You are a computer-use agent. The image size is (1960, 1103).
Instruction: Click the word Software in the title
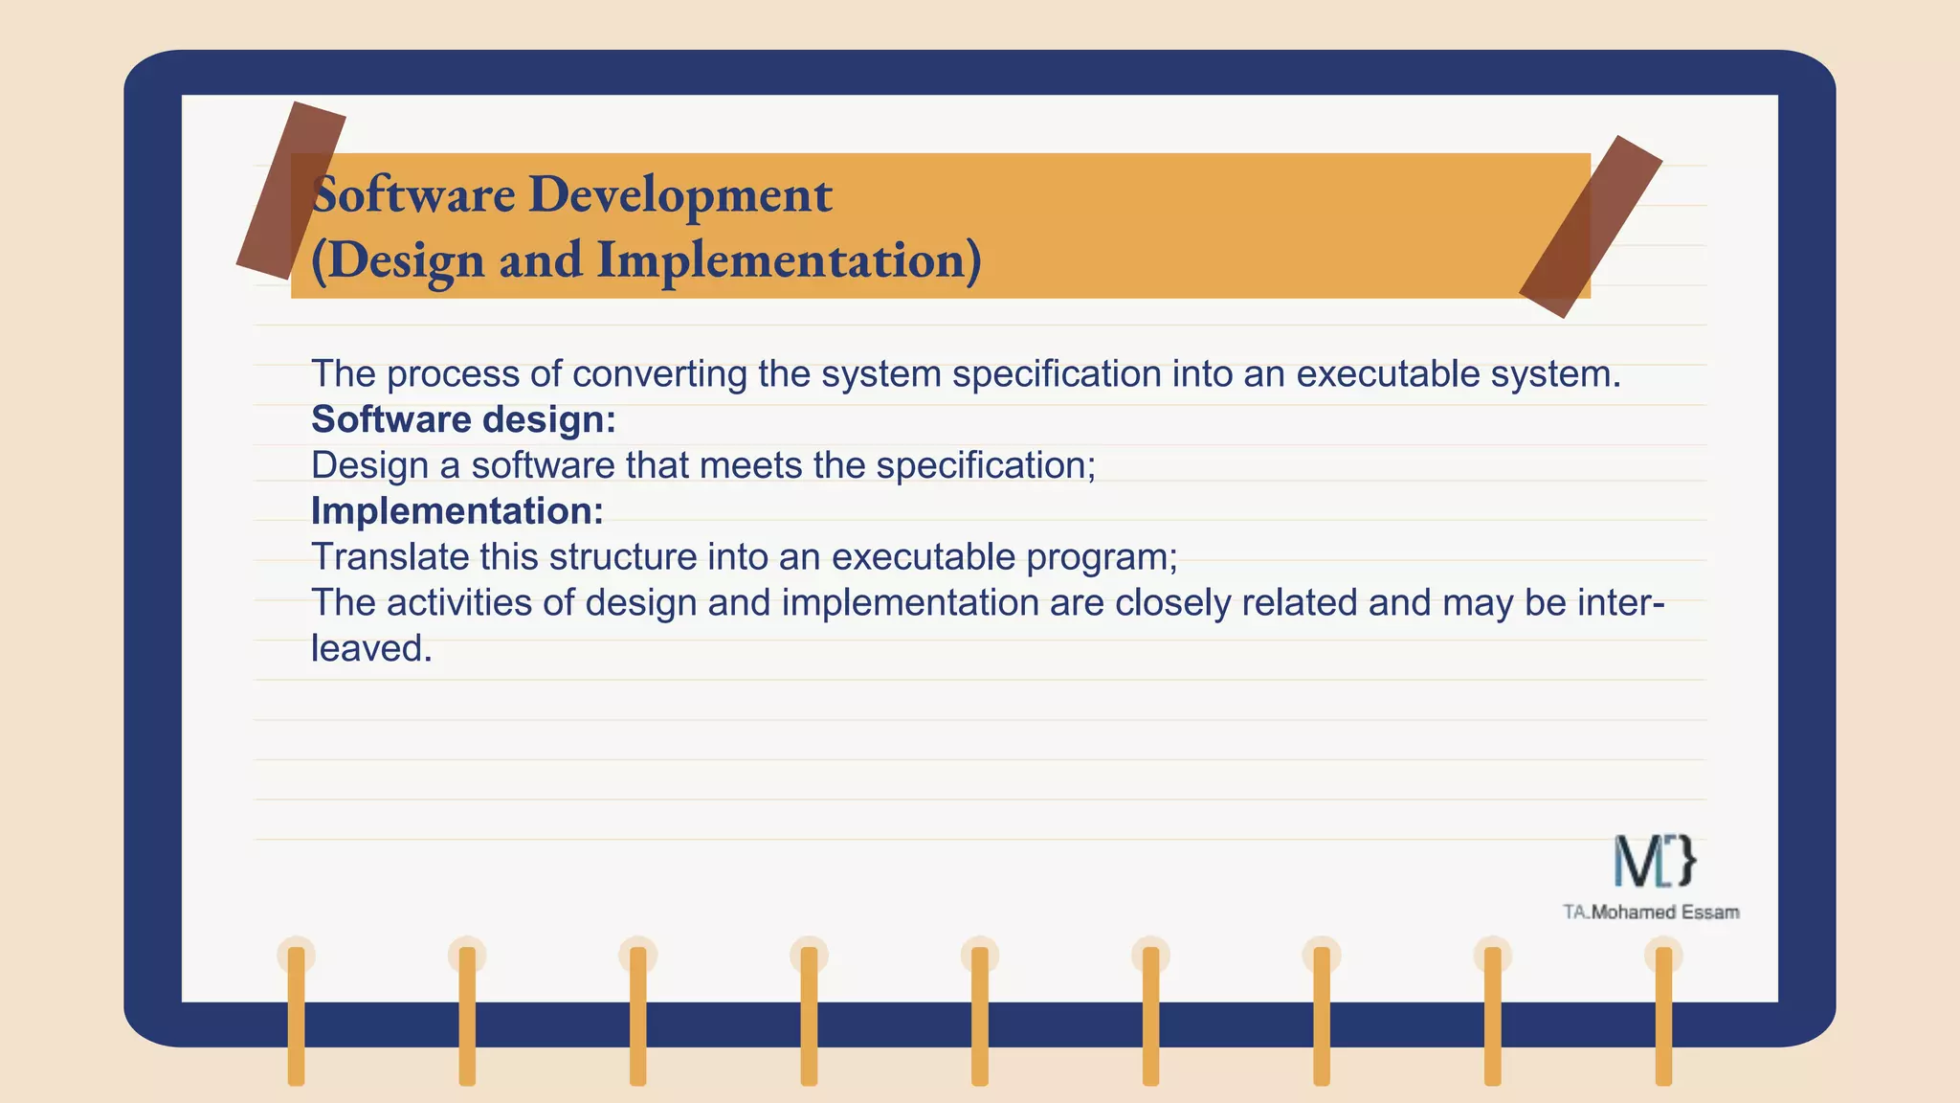click(x=413, y=194)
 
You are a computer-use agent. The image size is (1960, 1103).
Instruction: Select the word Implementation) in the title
click(x=789, y=260)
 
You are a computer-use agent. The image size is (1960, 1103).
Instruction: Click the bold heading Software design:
click(x=463, y=419)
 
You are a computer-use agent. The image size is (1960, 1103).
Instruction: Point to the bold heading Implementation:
click(x=457, y=511)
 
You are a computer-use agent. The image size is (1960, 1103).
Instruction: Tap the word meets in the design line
click(x=750, y=465)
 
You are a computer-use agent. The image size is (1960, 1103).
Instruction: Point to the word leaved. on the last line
click(x=371, y=649)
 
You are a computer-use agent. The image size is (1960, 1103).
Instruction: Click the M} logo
click(x=1655, y=861)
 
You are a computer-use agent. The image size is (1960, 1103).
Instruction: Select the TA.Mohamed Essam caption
click(x=1651, y=912)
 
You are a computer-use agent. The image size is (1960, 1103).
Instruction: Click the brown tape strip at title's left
click(x=291, y=191)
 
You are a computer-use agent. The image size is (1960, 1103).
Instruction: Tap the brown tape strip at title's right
click(x=1590, y=227)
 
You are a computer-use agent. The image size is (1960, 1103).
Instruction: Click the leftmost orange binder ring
click(x=296, y=1015)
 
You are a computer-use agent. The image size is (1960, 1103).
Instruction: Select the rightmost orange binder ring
click(x=1663, y=1015)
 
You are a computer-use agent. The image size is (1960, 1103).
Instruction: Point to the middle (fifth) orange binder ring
click(x=980, y=1015)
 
